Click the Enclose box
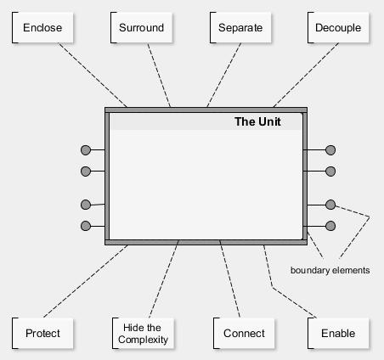[x=42, y=28]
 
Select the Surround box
[x=141, y=28]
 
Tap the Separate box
[x=240, y=28]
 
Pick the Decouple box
[x=338, y=28]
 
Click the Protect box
[x=42, y=334]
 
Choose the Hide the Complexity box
[x=143, y=334]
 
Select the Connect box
[x=244, y=334]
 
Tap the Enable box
[x=338, y=334]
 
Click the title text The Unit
[x=257, y=121]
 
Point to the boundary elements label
[x=330, y=270]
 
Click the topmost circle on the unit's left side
[x=86, y=150]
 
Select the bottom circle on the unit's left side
[x=86, y=226]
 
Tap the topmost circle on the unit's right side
[x=330, y=150]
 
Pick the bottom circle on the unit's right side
[x=330, y=226]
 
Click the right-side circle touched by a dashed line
[x=330, y=205]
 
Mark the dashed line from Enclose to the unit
[x=93, y=76]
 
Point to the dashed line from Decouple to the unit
[x=306, y=76]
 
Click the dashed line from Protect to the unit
[x=86, y=281]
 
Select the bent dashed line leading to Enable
[x=272, y=288]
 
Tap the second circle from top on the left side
[x=86, y=172]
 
